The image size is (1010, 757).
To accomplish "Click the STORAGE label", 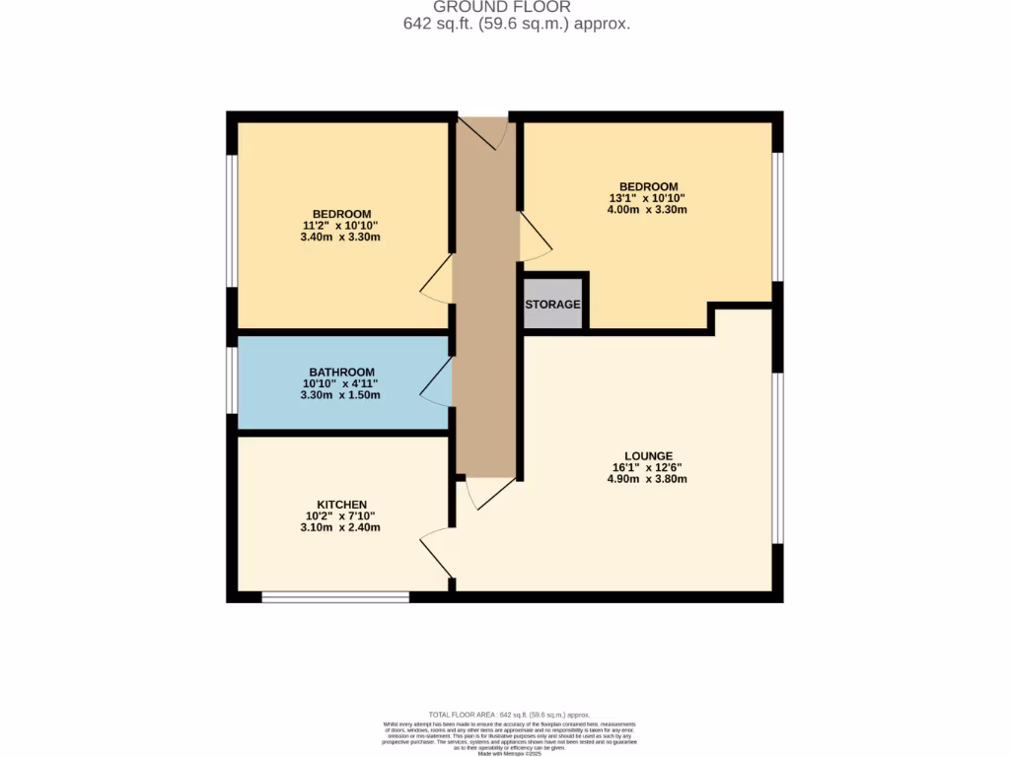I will coord(552,305).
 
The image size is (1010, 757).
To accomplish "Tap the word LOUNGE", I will coord(647,455).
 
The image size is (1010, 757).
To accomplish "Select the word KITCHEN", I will coord(341,504).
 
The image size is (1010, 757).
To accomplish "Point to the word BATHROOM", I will coord(341,372).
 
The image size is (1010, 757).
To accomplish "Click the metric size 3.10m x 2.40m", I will coord(341,527).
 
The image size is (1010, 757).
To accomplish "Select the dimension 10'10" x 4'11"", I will coord(341,383).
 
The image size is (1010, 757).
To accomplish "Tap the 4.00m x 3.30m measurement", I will coord(647,209).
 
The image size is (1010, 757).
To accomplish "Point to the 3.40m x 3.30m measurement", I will coord(341,237).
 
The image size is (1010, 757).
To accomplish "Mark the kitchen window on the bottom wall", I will coord(335,596).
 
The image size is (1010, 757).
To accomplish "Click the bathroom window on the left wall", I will coord(232,379).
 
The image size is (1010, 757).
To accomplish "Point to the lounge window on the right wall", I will coord(777,458).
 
